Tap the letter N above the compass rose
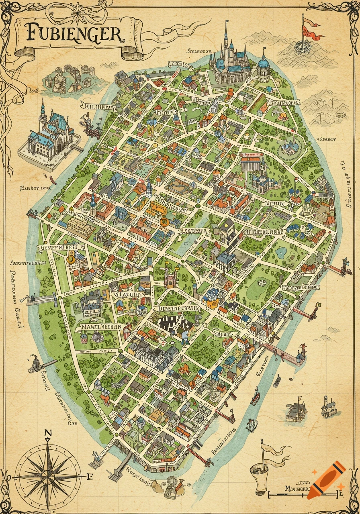(x=48, y=433)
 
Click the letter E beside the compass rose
(x=90, y=477)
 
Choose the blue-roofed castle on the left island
(x=50, y=131)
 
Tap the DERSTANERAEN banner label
(x=177, y=308)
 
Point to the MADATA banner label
(x=194, y=231)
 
